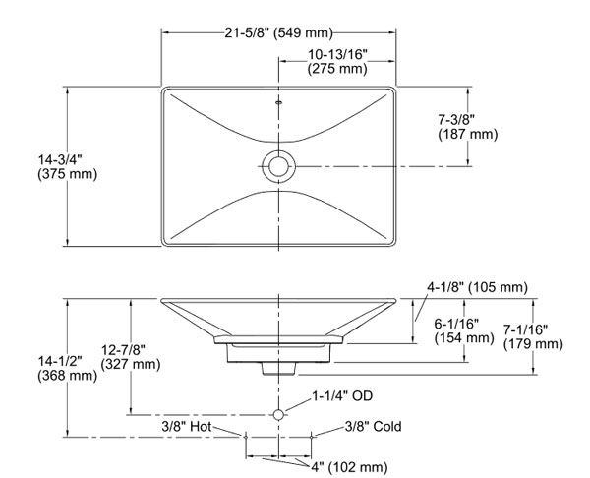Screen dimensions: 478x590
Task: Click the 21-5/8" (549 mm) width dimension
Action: pos(279,33)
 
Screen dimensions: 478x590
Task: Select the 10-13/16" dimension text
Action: pos(336,55)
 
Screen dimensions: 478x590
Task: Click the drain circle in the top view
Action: pos(279,165)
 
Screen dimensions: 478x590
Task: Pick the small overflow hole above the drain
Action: pos(279,101)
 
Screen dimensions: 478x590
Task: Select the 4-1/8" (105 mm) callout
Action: pos(476,288)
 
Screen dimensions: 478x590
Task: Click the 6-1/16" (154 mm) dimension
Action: pos(463,329)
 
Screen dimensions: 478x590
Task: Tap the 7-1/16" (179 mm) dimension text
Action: pos(532,336)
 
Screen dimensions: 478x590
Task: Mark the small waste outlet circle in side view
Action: pos(279,414)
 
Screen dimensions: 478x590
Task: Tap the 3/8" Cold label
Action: pos(373,427)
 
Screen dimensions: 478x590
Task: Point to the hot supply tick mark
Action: pos(246,433)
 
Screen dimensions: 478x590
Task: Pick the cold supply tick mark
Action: pos(312,433)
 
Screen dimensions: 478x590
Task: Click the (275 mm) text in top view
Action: pos(336,70)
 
